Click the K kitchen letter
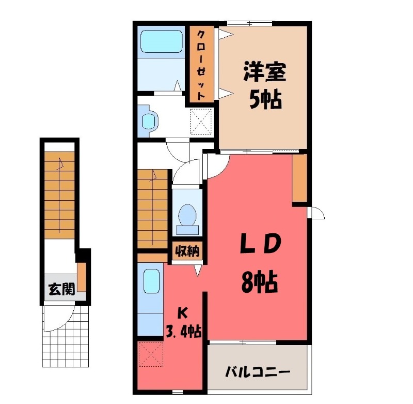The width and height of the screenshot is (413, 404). point(183,312)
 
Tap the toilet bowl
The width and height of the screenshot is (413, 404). point(187,214)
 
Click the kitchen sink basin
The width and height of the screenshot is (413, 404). point(151,282)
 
